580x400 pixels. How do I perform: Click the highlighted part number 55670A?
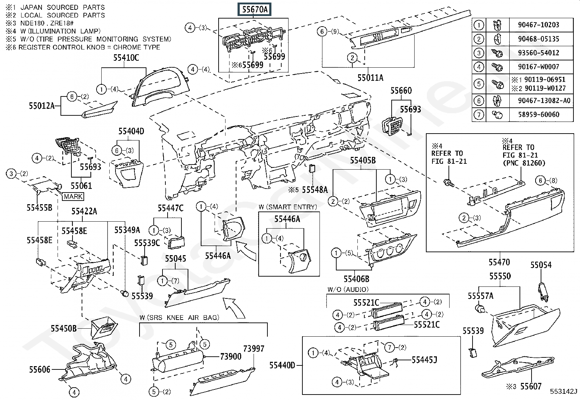(x=255, y=10)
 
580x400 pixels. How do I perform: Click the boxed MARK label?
(x=73, y=197)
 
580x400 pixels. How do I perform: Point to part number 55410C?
(x=125, y=58)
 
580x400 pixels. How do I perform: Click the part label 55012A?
(x=42, y=106)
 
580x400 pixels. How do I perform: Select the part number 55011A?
(x=370, y=78)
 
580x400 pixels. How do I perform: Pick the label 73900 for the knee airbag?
(x=231, y=356)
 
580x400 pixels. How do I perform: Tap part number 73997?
(x=254, y=348)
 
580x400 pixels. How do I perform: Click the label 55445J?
(x=424, y=360)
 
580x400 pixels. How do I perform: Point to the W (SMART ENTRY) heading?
(x=288, y=207)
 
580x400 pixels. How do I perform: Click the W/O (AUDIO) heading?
(x=348, y=289)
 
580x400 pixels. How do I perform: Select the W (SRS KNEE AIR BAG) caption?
(x=179, y=317)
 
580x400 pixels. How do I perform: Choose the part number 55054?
(x=541, y=265)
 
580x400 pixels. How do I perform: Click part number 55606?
(x=40, y=370)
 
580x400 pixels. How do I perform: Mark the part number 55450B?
(x=63, y=329)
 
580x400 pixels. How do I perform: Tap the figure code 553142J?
(x=564, y=392)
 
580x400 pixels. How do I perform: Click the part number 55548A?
(x=315, y=190)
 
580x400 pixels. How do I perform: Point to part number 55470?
(x=499, y=262)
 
